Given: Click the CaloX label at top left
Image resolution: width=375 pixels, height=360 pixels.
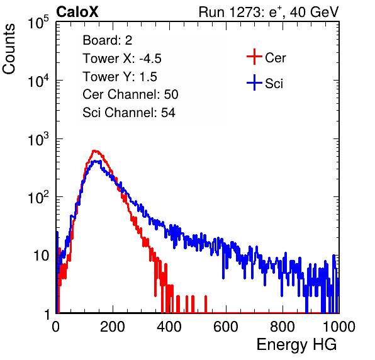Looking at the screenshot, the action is click(x=77, y=12).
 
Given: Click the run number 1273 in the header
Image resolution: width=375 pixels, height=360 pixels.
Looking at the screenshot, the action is click(x=244, y=12).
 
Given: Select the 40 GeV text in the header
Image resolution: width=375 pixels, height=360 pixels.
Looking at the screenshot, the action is click(x=314, y=12).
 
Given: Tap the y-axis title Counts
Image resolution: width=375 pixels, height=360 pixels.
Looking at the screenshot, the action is click(x=9, y=49).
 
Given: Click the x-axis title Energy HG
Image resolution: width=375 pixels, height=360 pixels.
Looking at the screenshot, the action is click(x=296, y=344).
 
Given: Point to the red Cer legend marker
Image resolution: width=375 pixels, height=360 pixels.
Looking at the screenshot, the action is click(x=254, y=57).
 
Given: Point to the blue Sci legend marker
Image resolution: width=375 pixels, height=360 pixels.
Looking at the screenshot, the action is click(x=254, y=83).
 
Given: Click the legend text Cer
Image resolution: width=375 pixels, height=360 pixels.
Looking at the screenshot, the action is click(x=275, y=58).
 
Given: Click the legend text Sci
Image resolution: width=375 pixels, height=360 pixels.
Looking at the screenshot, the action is click(x=274, y=84).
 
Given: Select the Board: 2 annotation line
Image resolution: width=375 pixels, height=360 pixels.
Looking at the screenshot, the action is click(x=108, y=40).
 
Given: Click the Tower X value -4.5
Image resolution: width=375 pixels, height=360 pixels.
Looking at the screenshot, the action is click(x=150, y=59).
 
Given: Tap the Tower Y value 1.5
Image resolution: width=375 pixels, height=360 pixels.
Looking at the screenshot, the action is click(x=148, y=77).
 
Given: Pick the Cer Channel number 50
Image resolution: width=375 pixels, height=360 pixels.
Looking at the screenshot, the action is click(x=171, y=94).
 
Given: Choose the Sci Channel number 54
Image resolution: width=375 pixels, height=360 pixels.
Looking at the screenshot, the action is click(x=168, y=113).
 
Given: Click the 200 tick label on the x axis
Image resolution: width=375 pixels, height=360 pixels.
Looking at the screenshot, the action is click(x=113, y=327).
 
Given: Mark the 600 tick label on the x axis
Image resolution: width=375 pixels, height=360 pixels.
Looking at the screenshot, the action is click(x=226, y=327).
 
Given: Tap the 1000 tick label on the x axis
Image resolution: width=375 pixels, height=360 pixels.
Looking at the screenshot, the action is click(x=339, y=327).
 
